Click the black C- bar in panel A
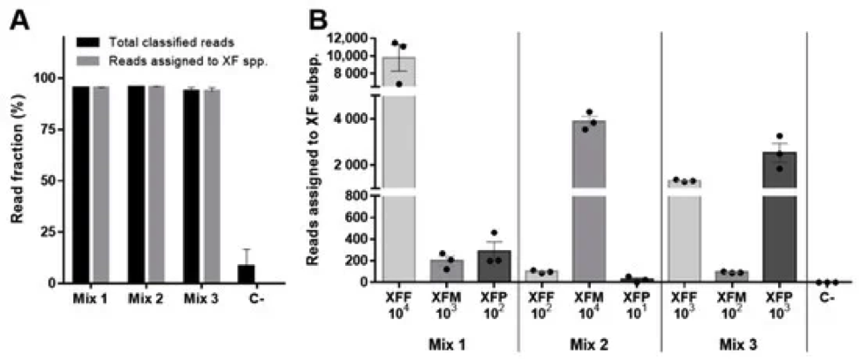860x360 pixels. tap(247, 274)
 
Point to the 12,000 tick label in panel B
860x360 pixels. tap(347, 38)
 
